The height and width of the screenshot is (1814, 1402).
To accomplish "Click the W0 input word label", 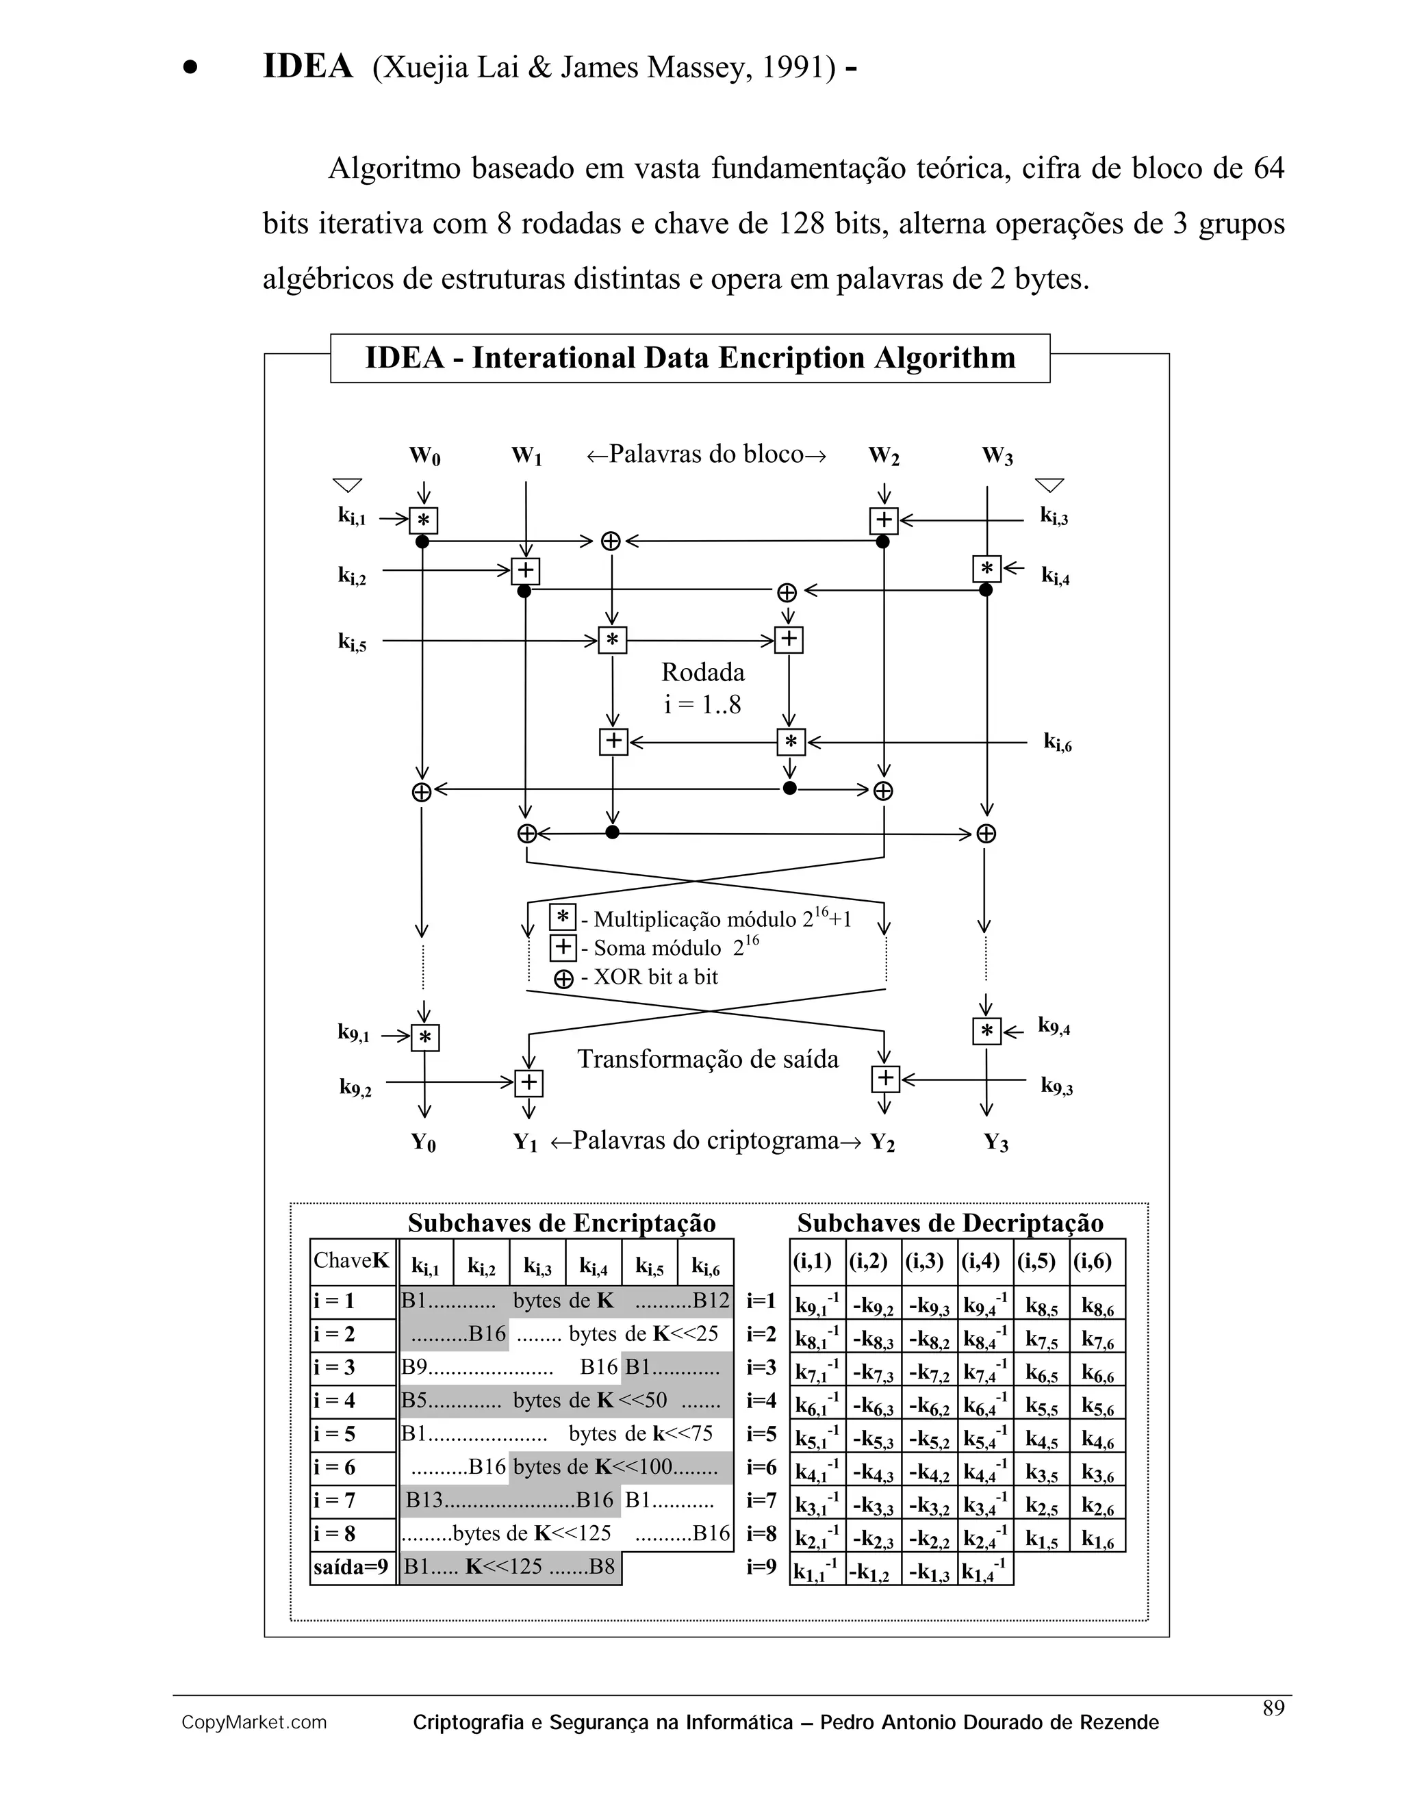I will point(424,456).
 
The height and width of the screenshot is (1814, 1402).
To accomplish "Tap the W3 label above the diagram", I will point(997,456).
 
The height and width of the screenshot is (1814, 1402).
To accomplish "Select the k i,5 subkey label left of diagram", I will point(352,642).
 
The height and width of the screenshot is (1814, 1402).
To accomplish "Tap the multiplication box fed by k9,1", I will point(425,1037).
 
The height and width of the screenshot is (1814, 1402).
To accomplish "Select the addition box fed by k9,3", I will point(885,1079).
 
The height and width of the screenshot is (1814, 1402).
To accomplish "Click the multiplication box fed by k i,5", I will point(612,641).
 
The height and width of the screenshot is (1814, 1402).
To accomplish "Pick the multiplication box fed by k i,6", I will point(791,742).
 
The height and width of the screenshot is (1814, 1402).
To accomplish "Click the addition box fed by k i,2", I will point(525,572).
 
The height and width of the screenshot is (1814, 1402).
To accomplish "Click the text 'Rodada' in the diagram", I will point(702,672).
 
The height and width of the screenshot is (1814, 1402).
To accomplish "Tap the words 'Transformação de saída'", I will point(708,1059).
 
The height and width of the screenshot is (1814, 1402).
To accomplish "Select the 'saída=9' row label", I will point(351,1568).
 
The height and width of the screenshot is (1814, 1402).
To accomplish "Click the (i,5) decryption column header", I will point(1036,1261).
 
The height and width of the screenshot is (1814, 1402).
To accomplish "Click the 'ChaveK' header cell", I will point(351,1261).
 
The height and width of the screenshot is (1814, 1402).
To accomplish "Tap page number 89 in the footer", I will point(1273,1708).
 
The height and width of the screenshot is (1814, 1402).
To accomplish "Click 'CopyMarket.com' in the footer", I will point(254,1723).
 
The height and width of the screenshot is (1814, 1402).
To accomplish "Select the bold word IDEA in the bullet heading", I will point(307,66).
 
